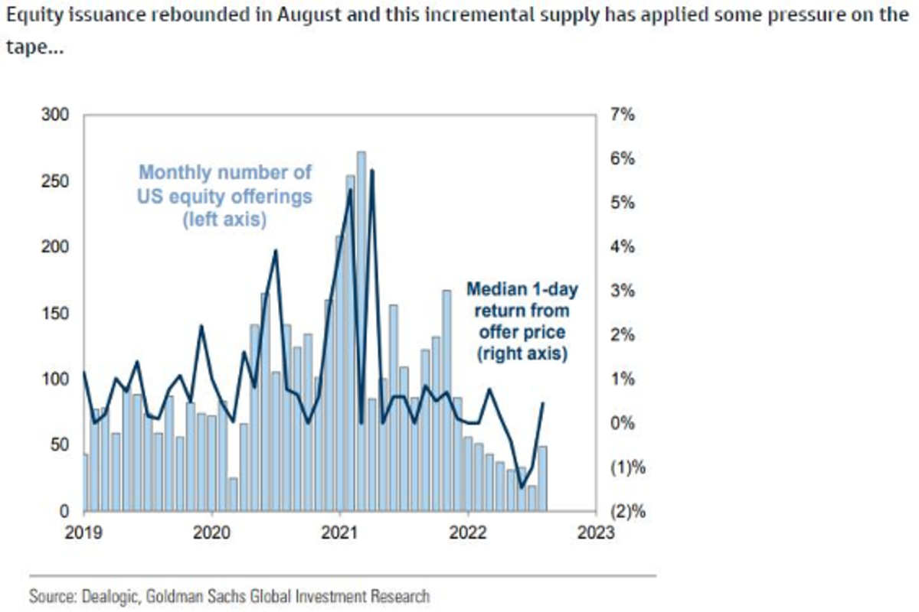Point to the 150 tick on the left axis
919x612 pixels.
point(60,314)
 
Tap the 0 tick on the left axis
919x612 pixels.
point(67,511)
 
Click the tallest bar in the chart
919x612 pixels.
point(361,329)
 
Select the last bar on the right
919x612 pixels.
point(542,478)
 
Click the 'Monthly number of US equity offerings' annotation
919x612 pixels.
point(224,197)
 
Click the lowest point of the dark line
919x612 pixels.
point(522,487)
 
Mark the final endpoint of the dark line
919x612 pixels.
point(543,403)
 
